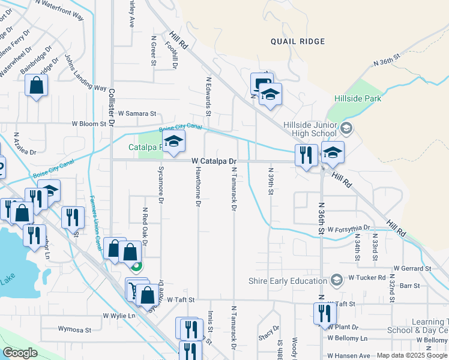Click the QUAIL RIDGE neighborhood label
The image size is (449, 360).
click(x=297, y=41)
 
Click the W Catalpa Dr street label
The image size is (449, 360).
click(x=214, y=161)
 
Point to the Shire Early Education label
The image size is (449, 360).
click(x=290, y=280)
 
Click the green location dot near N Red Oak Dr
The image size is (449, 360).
click(x=137, y=268)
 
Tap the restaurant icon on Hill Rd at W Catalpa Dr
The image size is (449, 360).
click(x=306, y=155)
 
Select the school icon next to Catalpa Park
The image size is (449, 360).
click(x=173, y=142)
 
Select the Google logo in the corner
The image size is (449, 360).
click(x=20, y=353)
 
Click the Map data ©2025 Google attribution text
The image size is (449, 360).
click(x=412, y=355)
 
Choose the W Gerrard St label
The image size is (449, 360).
click(x=412, y=268)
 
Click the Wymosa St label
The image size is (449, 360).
click(x=74, y=329)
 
